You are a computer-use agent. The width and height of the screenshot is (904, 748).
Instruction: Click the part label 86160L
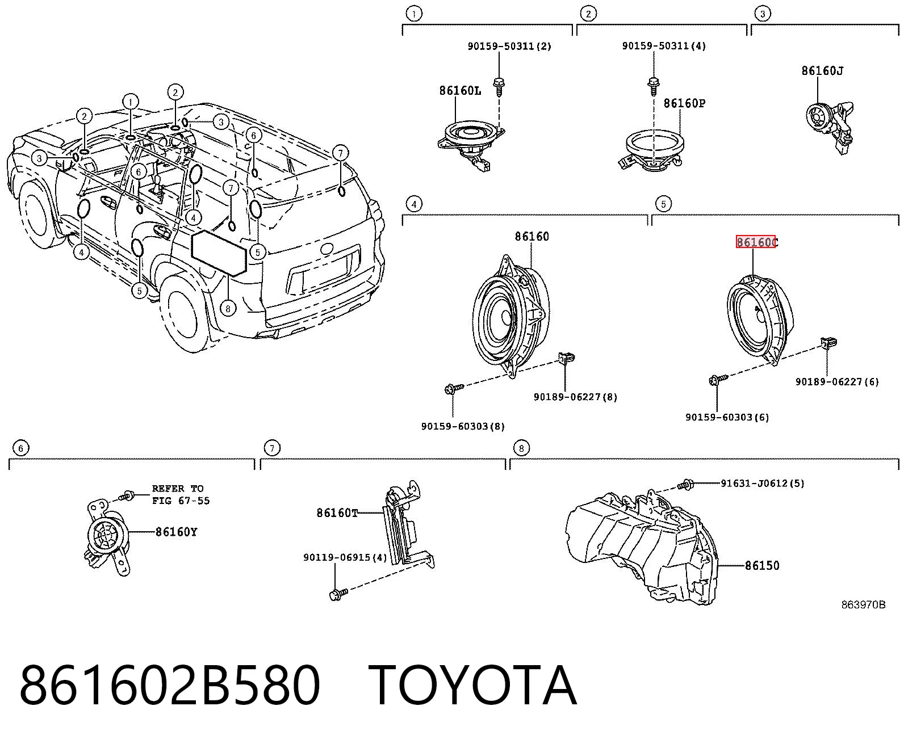click(x=460, y=90)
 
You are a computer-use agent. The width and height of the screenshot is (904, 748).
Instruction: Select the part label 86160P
click(x=684, y=103)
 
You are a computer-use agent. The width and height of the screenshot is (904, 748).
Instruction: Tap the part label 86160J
click(x=822, y=70)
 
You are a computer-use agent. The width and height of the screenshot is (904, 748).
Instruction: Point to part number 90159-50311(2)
click(x=509, y=46)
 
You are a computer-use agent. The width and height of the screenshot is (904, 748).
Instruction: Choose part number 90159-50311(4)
click(x=664, y=45)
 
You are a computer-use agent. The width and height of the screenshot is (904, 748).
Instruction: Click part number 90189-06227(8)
click(x=575, y=397)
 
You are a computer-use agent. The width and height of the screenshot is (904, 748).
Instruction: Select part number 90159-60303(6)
click(x=727, y=417)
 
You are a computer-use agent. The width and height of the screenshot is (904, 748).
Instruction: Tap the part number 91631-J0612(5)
click(x=762, y=483)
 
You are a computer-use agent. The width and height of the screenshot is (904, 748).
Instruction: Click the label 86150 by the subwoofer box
click(x=762, y=565)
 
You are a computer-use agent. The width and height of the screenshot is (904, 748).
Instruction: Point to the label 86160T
click(x=337, y=513)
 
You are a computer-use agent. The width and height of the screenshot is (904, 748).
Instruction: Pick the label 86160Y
click(x=176, y=532)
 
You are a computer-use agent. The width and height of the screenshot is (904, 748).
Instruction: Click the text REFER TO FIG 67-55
click(x=181, y=495)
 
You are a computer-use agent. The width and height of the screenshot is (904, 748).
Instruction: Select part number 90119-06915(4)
click(x=345, y=557)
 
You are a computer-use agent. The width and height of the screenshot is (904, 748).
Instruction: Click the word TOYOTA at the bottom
click(x=472, y=686)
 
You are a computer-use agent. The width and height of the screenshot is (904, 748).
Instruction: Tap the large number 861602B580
click(x=170, y=686)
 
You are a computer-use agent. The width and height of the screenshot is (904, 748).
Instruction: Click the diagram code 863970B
click(x=863, y=605)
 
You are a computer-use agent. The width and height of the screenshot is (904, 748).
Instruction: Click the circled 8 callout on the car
click(x=228, y=308)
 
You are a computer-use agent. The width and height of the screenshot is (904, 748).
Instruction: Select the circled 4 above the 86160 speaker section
click(x=414, y=204)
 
